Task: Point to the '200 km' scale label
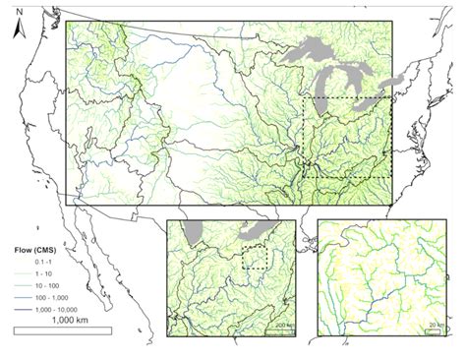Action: [x=281, y=324]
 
